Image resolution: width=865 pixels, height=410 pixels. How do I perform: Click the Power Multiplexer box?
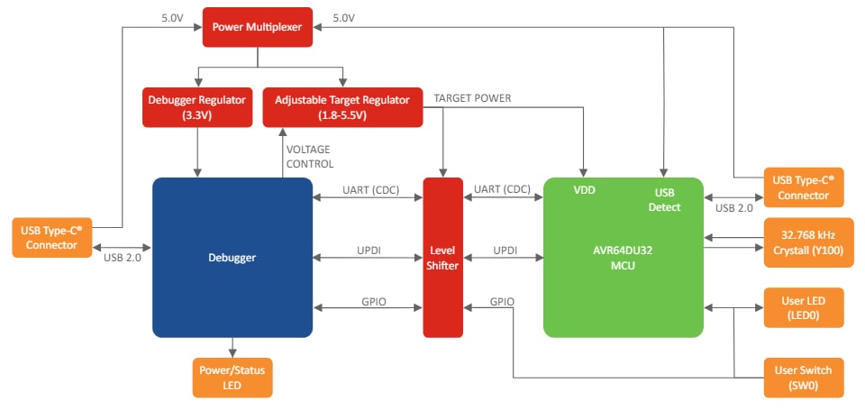tap(257, 27)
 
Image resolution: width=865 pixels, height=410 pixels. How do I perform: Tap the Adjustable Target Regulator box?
tap(341, 106)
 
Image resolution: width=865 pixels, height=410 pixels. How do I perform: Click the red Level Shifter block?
tap(442, 257)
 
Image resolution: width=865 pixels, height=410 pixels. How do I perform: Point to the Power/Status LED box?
tap(232, 377)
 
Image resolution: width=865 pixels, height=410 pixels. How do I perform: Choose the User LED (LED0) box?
tap(804, 307)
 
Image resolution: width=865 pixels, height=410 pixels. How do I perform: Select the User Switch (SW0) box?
tap(804, 378)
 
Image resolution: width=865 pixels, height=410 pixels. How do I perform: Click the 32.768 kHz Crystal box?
tap(804, 243)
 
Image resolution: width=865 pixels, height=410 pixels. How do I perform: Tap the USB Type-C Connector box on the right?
tap(804, 187)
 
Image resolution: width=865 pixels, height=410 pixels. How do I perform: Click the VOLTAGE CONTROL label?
tap(309, 157)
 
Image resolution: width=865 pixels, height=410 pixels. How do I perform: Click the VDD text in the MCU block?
tap(585, 191)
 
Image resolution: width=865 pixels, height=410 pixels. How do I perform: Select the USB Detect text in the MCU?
tap(665, 199)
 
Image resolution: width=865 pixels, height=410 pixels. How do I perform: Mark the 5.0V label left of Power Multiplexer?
tap(173, 17)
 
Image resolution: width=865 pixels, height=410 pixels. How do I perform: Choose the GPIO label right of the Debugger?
tap(370, 301)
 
